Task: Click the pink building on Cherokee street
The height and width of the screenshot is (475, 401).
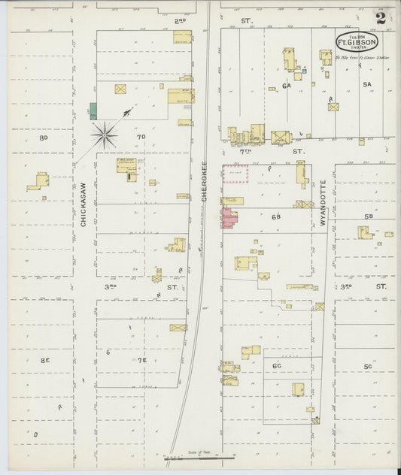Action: coord(229,219)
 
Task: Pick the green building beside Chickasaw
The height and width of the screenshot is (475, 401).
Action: coord(93,110)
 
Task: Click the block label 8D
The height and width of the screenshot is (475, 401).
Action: coord(44,138)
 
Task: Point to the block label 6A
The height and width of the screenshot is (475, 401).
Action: coord(287,86)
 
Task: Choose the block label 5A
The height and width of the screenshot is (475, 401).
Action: coord(366,85)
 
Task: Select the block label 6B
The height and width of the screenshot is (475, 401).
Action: coord(276,216)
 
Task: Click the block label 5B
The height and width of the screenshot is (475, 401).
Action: coord(369,216)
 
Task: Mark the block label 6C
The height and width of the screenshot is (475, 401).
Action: coord(277,366)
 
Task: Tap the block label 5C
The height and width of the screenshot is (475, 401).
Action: coord(368,366)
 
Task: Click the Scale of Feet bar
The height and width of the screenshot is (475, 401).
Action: coord(200,455)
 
